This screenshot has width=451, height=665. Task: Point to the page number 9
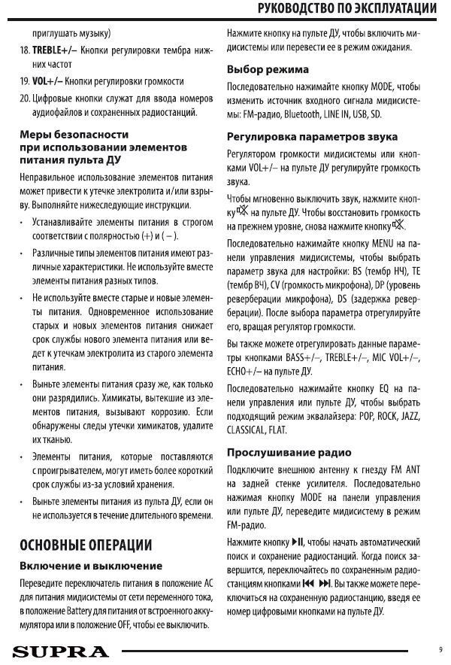(440, 649)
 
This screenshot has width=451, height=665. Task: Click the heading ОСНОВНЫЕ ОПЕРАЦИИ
(86, 545)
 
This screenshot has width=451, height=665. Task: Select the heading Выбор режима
(268, 69)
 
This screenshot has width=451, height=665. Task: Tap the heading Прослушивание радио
(289, 453)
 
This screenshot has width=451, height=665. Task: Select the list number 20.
(24, 97)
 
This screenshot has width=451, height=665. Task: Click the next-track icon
(325, 583)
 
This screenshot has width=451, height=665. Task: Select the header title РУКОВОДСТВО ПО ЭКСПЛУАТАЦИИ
(347, 8)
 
